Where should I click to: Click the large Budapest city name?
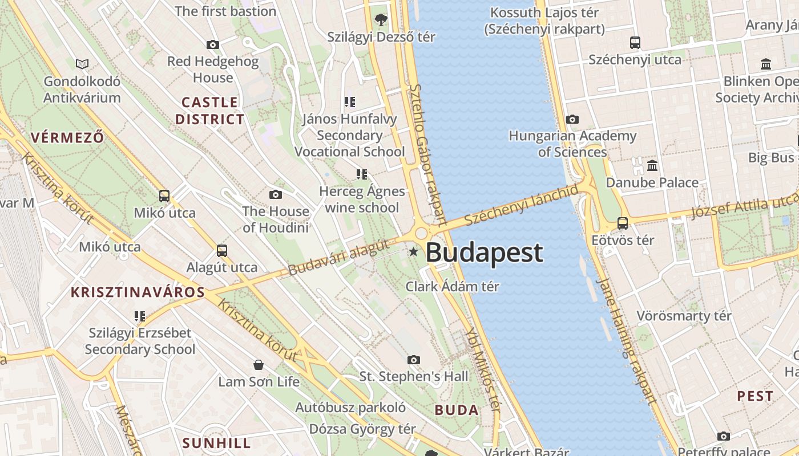485,253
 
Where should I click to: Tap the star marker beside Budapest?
413,251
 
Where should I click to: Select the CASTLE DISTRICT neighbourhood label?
209,111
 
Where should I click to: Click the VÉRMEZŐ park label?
67,137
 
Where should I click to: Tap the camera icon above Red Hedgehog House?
213,44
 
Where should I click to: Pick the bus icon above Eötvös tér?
623,223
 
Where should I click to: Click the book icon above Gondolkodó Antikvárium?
82,64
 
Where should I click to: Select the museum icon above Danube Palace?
652,166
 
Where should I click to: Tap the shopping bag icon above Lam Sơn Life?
259,364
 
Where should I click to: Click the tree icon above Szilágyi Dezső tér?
381,20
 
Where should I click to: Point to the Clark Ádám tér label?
452,286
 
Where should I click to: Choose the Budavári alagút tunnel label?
339,257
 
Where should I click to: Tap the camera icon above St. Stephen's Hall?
414,360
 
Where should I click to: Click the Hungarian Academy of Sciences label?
572,144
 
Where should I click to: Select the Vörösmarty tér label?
684,315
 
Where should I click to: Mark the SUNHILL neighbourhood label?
216,443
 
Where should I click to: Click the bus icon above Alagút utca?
222,250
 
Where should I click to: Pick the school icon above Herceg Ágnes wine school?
361,174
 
